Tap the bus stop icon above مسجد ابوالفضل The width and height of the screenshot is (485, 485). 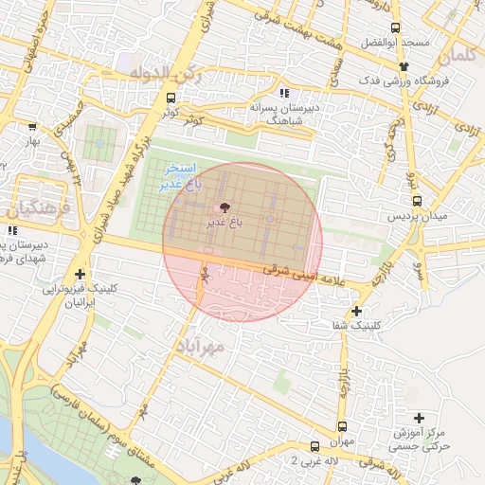pos(396,27)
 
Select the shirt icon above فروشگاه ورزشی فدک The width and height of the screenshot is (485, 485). pos(404,66)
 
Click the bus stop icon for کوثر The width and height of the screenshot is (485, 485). pos(171,98)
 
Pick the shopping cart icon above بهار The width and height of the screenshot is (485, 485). pos(32,126)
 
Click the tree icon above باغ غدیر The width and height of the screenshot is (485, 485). pos(225,207)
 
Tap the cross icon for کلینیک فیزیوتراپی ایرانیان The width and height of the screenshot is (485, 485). pos(81,274)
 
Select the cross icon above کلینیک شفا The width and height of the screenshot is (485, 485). pos(356,311)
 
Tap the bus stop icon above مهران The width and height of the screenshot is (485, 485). pos(342,425)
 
